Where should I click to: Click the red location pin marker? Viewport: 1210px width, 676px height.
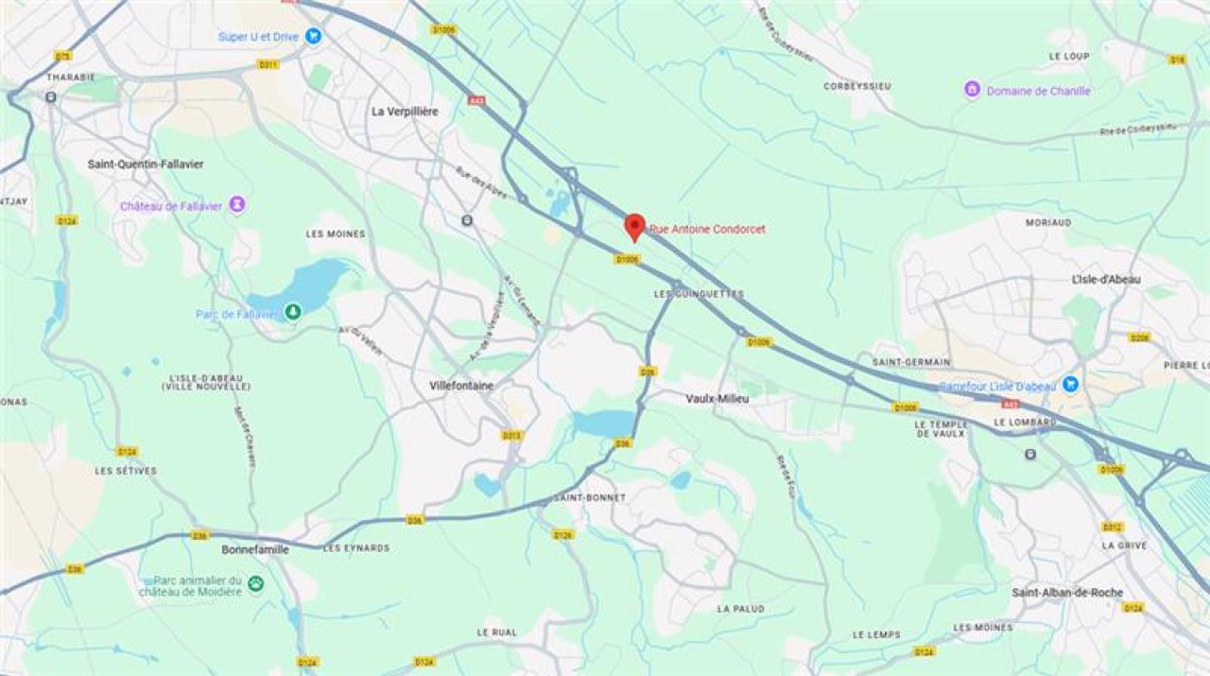(x=635, y=226)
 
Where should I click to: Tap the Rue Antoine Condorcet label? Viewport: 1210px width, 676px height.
(x=707, y=229)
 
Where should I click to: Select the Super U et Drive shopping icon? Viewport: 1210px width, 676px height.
(x=314, y=36)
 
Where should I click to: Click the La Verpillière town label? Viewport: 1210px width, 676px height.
(x=405, y=112)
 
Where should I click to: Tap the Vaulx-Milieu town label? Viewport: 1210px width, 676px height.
(x=717, y=399)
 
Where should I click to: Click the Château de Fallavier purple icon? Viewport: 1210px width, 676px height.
(x=237, y=204)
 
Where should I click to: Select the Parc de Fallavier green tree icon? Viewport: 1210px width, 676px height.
(x=293, y=310)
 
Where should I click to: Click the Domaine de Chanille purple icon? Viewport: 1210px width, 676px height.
(x=972, y=90)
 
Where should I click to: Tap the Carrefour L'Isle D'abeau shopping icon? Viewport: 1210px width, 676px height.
(x=1070, y=384)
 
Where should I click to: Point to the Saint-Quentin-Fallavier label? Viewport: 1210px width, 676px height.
(x=146, y=165)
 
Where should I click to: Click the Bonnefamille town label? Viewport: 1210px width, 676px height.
(x=255, y=548)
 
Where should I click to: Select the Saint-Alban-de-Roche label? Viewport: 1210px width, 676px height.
(x=1067, y=593)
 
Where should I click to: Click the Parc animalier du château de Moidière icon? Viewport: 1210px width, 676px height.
(x=256, y=584)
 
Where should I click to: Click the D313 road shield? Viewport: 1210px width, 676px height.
(x=511, y=435)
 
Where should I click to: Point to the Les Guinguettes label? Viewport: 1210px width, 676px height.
(x=699, y=294)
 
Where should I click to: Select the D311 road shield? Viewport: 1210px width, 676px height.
(x=268, y=64)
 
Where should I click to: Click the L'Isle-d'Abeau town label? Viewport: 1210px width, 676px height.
(x=1106, y=280)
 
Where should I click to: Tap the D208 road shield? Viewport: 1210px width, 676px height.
(x=1139, y=337)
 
